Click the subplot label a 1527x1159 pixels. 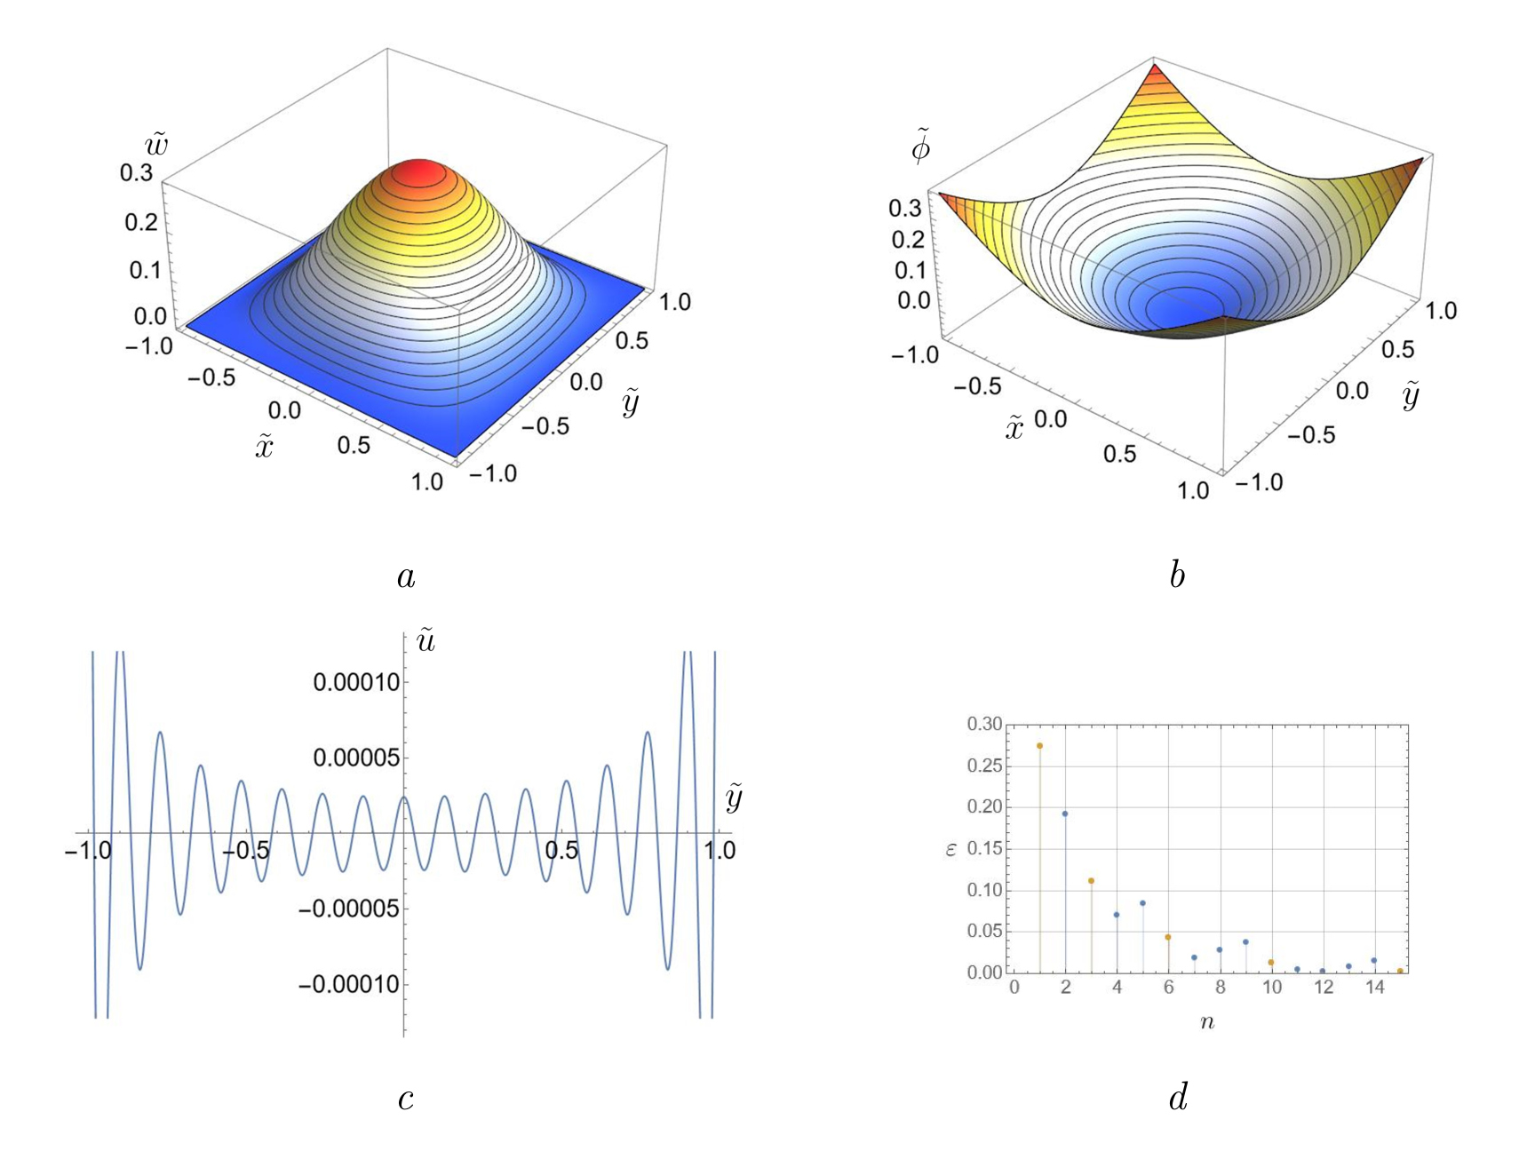[x=406, y=577]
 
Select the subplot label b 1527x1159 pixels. [x=1177, y=576]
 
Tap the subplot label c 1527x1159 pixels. [x=406, y=1099]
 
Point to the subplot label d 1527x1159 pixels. [x=1178, y=1099]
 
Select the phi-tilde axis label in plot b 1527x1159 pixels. [x=921, y=147]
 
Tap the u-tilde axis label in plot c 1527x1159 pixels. [x=426, y=639]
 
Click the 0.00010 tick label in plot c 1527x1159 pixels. [x=356, y=682]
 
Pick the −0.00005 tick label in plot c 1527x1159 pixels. [x=348, y=909]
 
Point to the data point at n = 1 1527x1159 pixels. [x=1039, y=746]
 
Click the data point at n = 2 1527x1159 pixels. [x=1065, y=814]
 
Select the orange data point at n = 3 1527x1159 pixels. [x=1091, y=881]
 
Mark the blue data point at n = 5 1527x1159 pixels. [x=1142, y=903]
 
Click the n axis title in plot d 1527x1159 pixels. [x=1206, y=1022]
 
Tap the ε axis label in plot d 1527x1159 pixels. [x=951, y=850]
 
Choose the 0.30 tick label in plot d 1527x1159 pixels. [x=984, y=725]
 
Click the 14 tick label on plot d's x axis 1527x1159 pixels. [x=1375, y=988]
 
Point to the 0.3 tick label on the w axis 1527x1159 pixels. [x=136, y=172]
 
